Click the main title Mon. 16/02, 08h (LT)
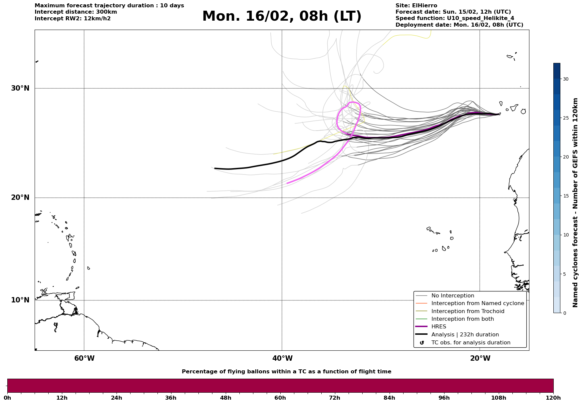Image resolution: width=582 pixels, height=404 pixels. (282, 16)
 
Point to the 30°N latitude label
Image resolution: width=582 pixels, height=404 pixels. (20, 88)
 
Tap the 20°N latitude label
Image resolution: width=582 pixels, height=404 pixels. (20, 198)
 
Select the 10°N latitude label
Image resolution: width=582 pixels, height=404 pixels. (20, 300)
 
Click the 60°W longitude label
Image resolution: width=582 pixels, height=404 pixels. (84, 358)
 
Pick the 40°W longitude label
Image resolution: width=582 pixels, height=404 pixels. (282, 358)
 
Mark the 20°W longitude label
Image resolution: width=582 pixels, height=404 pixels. (480, 358)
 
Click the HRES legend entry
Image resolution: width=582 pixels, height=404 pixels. (438, 327)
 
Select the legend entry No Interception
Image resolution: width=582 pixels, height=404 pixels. (452, 296)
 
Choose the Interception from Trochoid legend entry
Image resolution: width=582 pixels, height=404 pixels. (467, 311)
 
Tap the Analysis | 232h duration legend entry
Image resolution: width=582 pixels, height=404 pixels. (465, 335)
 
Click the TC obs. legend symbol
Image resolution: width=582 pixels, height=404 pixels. (422, 343)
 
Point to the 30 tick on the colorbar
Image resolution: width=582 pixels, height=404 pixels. (565, 79)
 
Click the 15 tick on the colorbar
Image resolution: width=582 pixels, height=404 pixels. (565, 196)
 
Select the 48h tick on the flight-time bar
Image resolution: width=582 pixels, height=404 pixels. (225, 398)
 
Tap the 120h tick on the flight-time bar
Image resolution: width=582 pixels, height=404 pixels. (553, 398)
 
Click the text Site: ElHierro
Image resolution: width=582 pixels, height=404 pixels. (416, 6)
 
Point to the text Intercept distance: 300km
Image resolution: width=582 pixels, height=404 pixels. (76, 12)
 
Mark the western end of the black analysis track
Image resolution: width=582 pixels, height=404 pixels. (215, 169)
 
